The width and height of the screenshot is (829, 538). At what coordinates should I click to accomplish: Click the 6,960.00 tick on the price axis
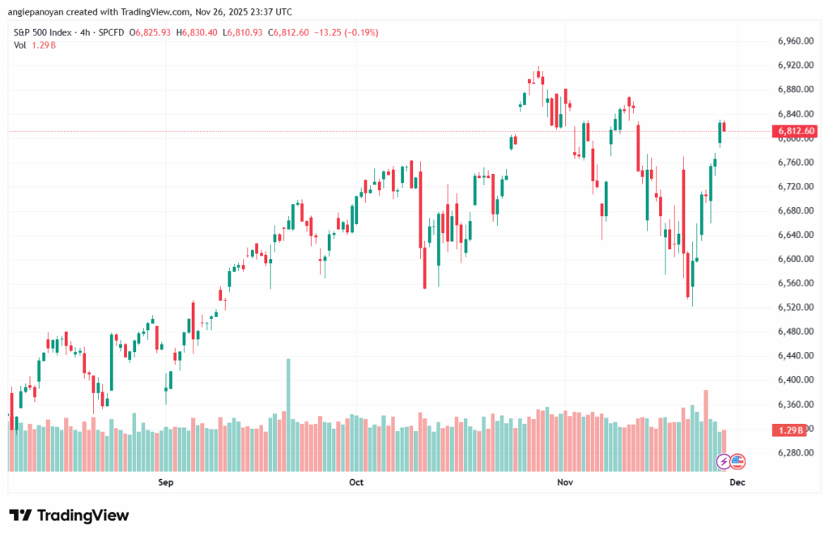pos(794,40)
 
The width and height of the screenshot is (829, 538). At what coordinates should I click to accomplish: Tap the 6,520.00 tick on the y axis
pos(794,307)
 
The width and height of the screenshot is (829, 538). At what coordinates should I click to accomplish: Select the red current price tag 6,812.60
pos(796,131)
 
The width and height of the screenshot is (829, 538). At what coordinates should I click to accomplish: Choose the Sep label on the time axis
pos(166,482)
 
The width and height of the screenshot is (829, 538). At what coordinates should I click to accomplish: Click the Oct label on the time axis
pos(356,482)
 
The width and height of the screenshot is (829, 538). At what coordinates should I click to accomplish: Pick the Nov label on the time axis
pos(566,482)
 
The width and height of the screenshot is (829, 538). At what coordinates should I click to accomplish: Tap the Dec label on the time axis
pos(737,482)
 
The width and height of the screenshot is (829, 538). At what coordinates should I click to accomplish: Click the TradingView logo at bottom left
pos(69,515)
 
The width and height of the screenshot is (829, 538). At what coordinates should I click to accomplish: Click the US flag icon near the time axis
pos(738,461)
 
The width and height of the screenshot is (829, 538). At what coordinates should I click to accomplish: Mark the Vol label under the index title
pos(20,44)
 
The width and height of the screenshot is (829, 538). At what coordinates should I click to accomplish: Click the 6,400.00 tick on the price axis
pos(794,379)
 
